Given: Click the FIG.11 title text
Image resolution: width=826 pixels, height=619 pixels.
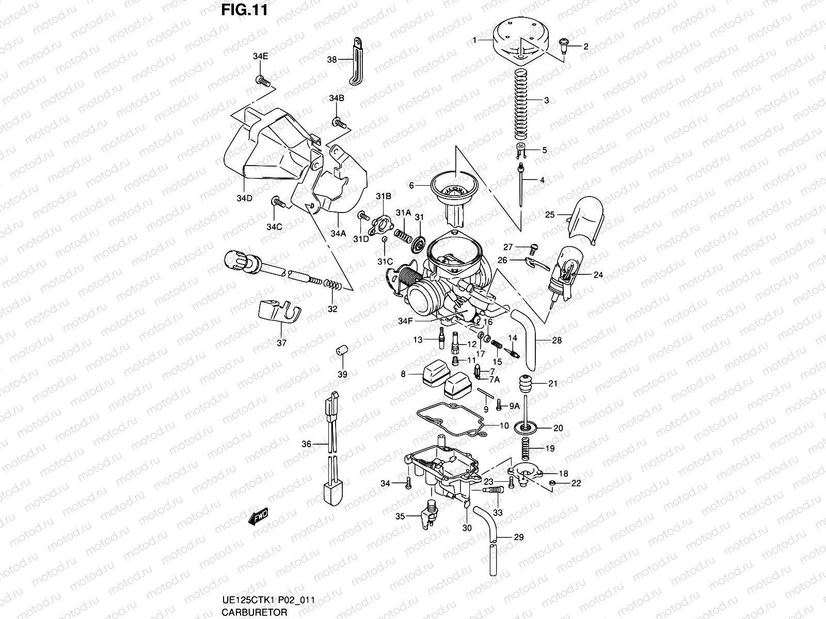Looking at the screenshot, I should tap(244, 10).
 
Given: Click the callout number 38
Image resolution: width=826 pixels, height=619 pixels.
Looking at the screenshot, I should tap(332, 60).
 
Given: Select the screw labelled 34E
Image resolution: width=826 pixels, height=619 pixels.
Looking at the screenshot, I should tap(263, 80).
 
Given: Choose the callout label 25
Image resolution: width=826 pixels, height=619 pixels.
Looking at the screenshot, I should tap(550, 215).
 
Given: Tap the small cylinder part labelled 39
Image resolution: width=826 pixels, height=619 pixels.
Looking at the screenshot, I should tap(341, 350).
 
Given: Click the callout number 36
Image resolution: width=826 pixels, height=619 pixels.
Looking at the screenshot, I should tap(307, 444).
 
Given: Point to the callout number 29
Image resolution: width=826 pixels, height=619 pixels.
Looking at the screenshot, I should tap(519, 537).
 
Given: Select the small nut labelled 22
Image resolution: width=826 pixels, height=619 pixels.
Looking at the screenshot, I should tap(553, 483).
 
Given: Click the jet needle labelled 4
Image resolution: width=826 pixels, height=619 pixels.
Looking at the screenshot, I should tap(522, 186).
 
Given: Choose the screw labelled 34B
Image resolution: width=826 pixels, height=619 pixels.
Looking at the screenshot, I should tap(339, 122).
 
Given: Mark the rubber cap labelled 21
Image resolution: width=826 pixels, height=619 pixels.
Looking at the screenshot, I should tap(526, 385).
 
